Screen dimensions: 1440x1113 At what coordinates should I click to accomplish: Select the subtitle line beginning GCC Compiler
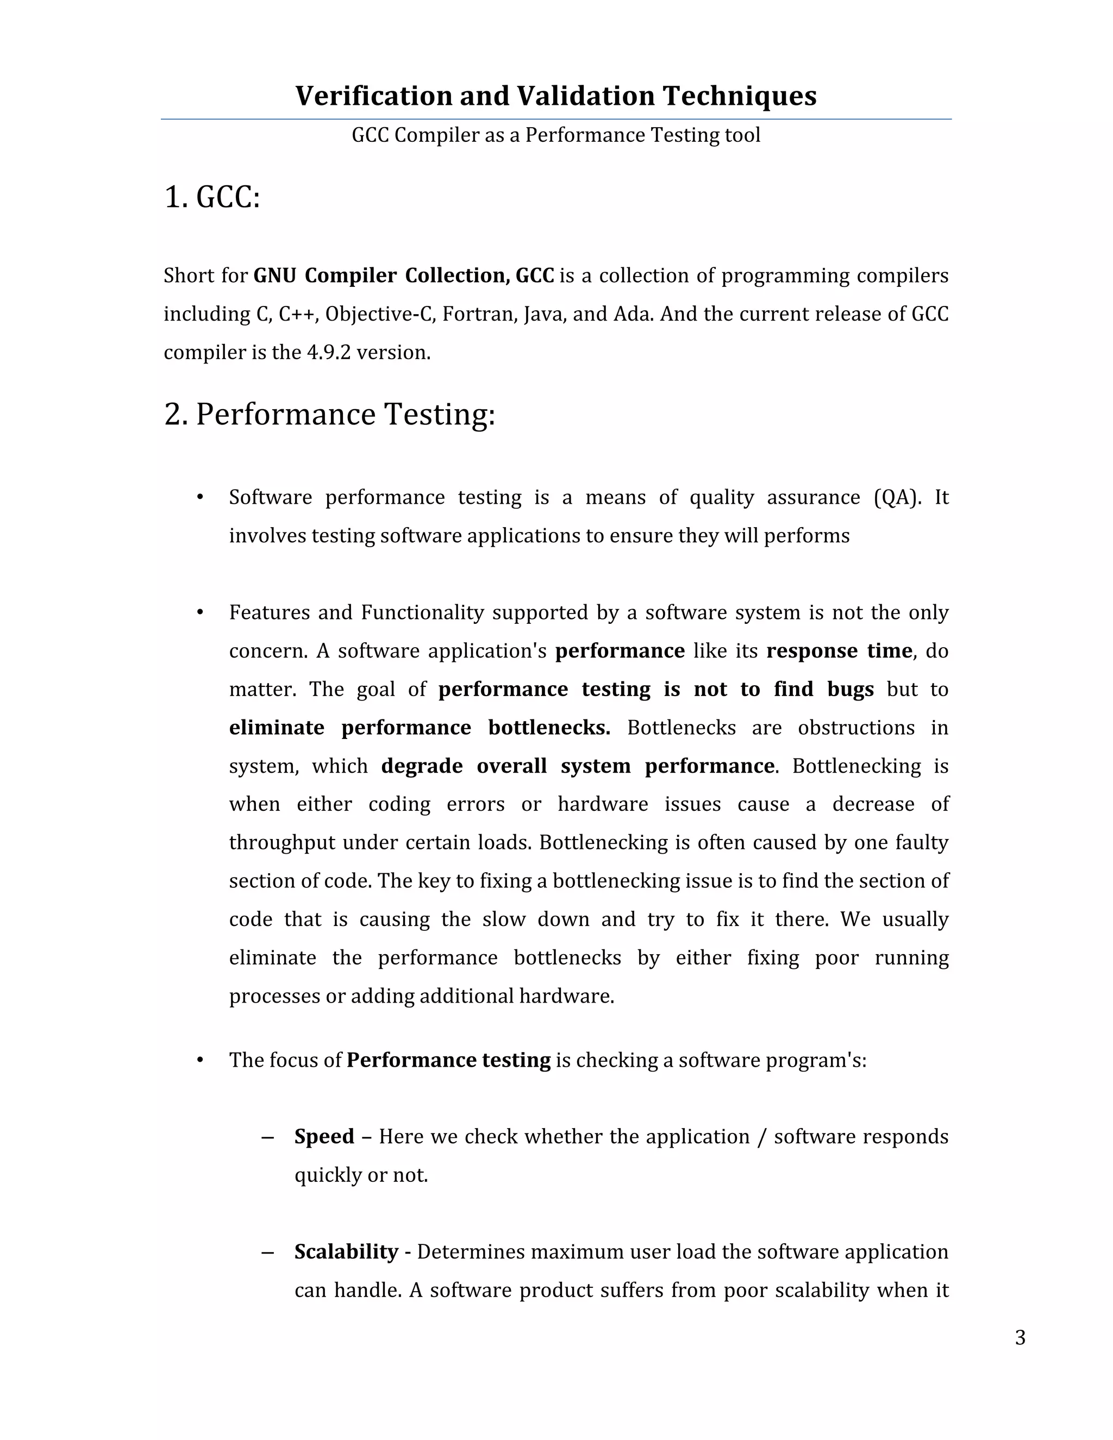[556, 135]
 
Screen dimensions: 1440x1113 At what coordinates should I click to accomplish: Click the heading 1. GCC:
[211, 197]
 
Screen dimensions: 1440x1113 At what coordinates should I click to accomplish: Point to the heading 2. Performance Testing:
[329, 415]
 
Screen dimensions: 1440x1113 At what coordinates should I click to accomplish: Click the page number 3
[1020, 1338]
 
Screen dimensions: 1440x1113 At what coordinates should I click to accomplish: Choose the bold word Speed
[324, 1137]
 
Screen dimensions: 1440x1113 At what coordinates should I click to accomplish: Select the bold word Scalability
[346, 1251]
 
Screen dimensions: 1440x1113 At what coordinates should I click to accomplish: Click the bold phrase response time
[839, 651]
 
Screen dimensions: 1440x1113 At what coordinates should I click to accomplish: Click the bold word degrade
[421, 766]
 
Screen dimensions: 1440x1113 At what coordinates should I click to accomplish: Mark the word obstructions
[856, 728]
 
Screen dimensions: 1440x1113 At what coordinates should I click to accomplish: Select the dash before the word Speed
[267, 1137]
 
